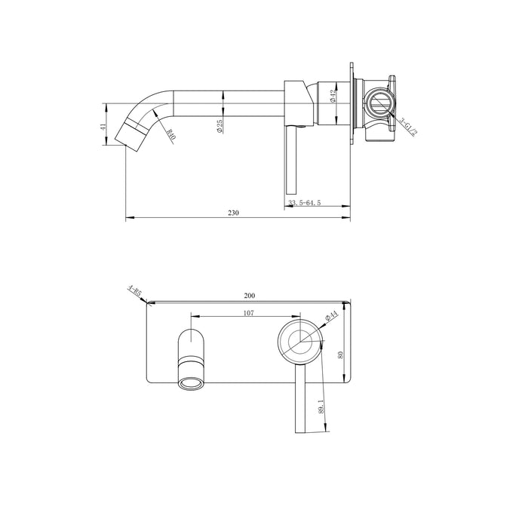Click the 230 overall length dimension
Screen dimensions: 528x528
click(x=233, y=213)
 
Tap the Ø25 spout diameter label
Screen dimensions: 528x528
click(x=219, y=126)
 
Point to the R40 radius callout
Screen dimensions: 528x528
click(x=170, y=136)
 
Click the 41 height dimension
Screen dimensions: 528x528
click(x=104, y=128)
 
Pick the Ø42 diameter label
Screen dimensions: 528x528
click(x=332, y=96)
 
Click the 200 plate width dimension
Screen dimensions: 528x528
click(x=250, y=296)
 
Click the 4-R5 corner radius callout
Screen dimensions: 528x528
click(x=136, y=293)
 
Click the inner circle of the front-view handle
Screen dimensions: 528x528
click(x=301, y=340)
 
